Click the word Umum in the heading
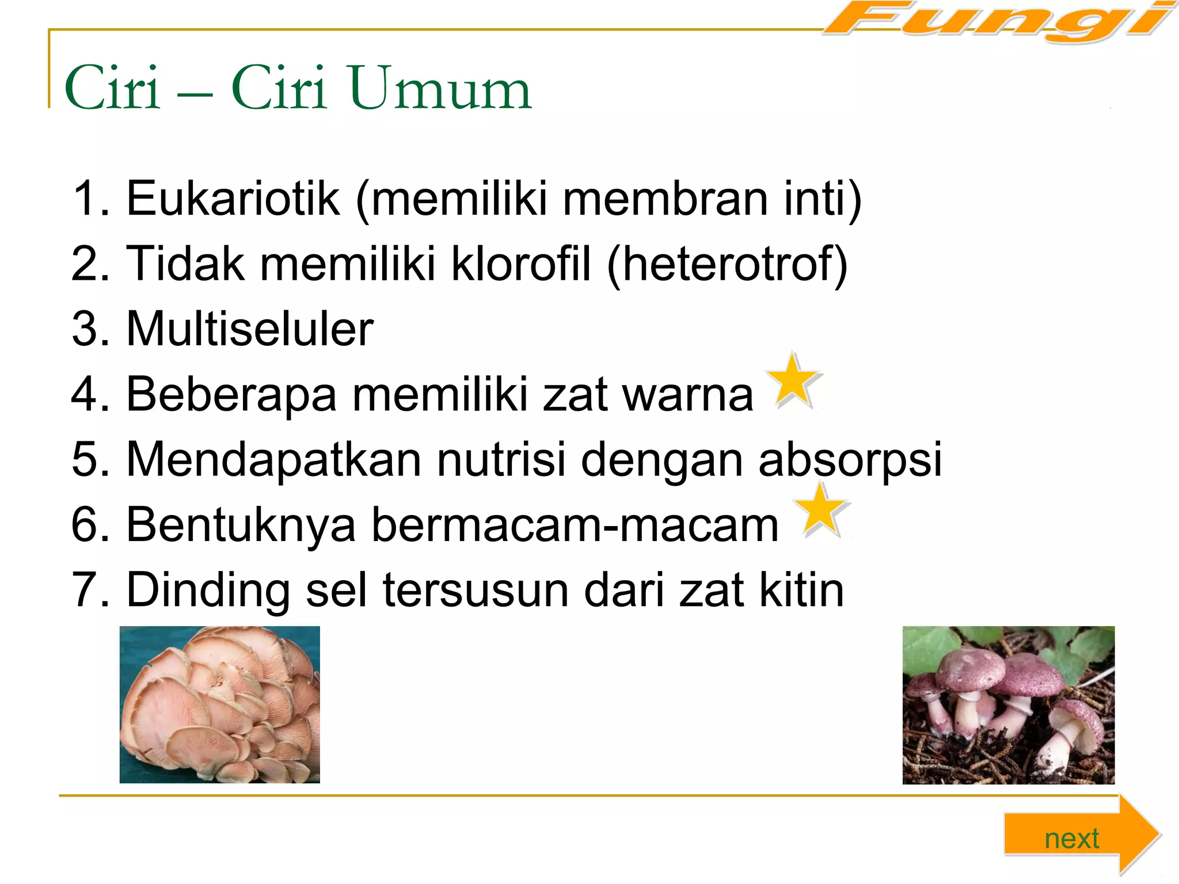(x=440, y=89)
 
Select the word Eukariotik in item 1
(x=233, y=199)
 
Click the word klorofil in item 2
(x=521, y=264)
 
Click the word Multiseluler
(x=250, y=329)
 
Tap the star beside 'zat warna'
(x=794, y=382)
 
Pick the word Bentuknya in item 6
(x=241, y=525)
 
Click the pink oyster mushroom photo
(x=219, y=704)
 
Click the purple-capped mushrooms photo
(x=1008, y=705)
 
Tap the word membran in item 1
(x=665, y=199)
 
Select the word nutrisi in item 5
(x=501, y=459)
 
